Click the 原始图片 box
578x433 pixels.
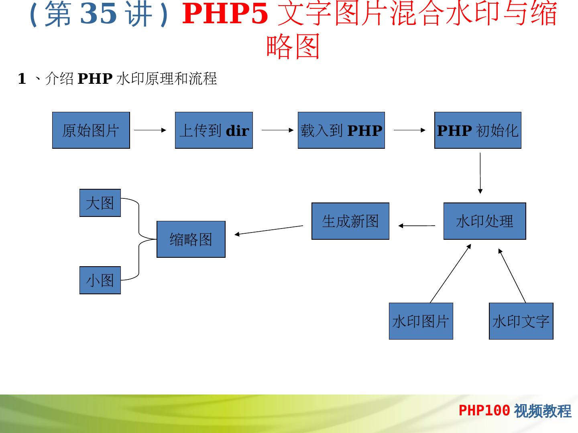tap(91, 130)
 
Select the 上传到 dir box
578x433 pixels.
tap(214, 130)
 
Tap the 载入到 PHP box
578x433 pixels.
tap(341, 130)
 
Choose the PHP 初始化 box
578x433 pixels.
tap(478, 130)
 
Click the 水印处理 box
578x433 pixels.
tap(484, 221)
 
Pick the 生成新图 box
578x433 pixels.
tap(350, 221)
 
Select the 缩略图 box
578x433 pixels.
tap(191, 239)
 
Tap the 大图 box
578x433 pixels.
tap(100, 203)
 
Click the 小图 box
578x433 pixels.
tap(100, 280)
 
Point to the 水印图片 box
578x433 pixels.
tap(421, 321)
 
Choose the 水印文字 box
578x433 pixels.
tap(521, 321)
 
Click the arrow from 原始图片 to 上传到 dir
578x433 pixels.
tap(150, 130)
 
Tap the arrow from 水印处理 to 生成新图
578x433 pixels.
tap(417, 226)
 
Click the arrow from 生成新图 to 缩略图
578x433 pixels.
tap(269, 230)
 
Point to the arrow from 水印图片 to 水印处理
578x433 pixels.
tap(450, 273)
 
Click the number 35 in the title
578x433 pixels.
tap(99, 14)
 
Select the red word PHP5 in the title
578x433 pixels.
tap(225, 14)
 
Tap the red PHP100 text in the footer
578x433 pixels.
tap(484, 411)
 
